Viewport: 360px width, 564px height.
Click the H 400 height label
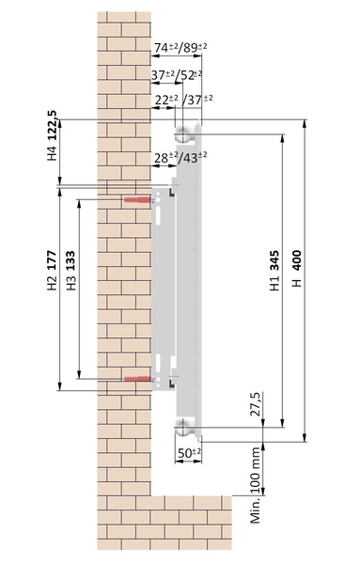point(297,268)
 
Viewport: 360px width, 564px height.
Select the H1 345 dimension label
point(274,271)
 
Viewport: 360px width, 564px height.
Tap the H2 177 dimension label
point(52,271)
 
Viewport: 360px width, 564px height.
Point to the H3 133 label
point(70,271)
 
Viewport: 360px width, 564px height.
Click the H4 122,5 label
point(52,135)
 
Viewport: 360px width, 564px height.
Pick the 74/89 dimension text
point(180,47)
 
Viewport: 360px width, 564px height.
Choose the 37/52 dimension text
point(177,75)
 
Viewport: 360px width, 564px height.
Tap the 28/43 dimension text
point(180,157)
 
